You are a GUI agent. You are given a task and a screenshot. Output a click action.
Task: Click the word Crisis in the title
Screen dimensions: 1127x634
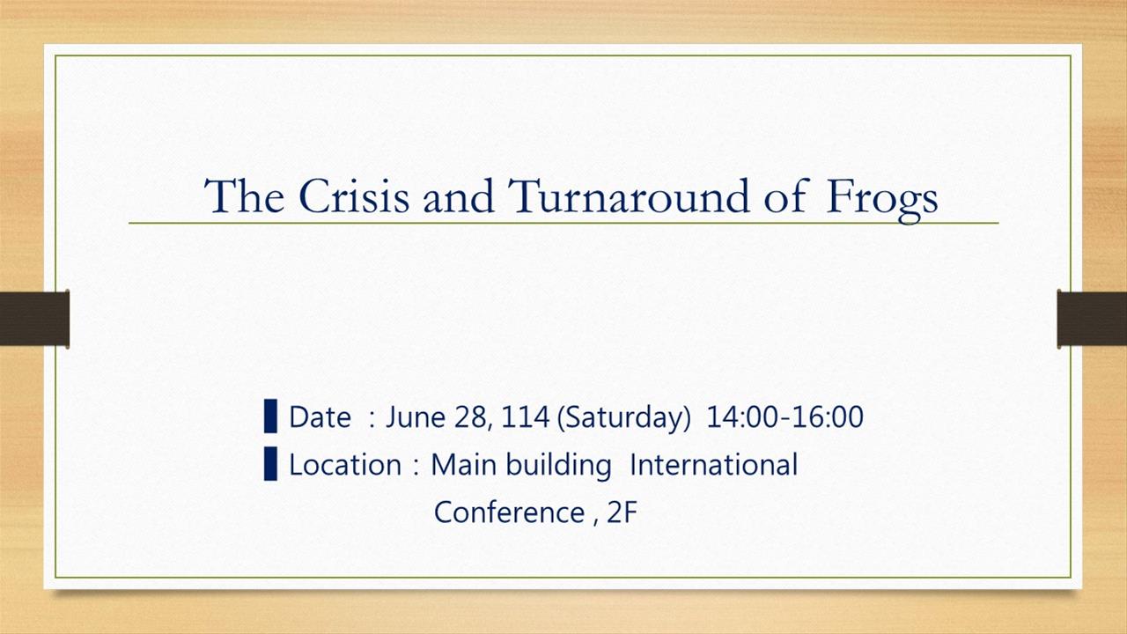[354, 195]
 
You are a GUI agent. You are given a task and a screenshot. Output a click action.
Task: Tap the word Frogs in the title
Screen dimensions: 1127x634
[882, 200]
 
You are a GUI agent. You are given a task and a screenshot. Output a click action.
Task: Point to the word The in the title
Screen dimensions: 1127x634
[244, 195]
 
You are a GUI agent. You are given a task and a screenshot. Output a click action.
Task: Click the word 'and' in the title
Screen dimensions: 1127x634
[459, 196]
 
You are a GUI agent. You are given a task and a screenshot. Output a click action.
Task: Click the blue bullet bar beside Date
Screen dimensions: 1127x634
[270, 417]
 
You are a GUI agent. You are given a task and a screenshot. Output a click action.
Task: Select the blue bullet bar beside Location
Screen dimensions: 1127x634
[270, 463]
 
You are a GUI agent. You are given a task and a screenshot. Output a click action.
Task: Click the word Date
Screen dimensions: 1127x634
[320, 417]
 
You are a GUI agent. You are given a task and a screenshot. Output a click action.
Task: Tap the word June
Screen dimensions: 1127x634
[416, 417]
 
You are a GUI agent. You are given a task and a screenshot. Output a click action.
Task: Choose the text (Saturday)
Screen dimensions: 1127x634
[624, 418]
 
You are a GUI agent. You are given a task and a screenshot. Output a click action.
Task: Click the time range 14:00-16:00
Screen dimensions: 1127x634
[784, 417]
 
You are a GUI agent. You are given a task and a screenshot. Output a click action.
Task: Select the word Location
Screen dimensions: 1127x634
[345, 464]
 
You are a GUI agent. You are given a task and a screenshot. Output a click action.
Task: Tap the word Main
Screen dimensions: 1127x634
[464, 464]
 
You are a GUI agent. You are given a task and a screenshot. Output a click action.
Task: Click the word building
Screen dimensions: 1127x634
[558, 466]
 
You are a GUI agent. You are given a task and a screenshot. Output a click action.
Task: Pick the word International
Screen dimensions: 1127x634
[714, 464]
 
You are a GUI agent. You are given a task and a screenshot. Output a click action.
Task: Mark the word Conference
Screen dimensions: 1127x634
[509, 512]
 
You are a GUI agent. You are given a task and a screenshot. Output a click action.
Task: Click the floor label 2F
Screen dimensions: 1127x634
[622, 512]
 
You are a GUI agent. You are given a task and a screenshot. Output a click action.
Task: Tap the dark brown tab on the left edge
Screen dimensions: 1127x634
[34, 319]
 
